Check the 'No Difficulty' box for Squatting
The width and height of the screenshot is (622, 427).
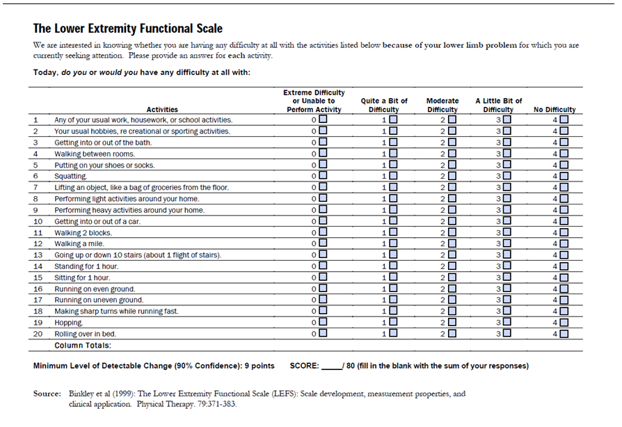click(x=564, y=176)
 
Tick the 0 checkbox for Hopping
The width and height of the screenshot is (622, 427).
click(x=324, y=321)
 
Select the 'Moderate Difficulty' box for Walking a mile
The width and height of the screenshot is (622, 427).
click(x=452, y=243)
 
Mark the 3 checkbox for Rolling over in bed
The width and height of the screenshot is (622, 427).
click(x=507, y=333)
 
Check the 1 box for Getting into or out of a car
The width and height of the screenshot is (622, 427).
click(x=393, y=221)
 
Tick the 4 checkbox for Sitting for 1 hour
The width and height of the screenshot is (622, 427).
click(x=564, y=277)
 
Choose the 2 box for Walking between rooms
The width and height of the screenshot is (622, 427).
click(x=452, y=154)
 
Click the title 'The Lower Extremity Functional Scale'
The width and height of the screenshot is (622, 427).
click(x=128, y=29)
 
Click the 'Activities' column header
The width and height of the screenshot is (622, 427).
click(x=162, y=109)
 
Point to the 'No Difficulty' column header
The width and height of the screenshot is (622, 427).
click(x=555, y=109)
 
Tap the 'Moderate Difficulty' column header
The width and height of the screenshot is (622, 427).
click(x=442, y=105)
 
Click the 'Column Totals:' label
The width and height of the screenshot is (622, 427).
click(x=83, y=346)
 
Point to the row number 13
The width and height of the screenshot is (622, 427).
click(x=38, y=255)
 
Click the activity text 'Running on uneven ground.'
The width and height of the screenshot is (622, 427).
click(x=99, y=300)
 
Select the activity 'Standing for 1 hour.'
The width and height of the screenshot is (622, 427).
click(x=86, y=266)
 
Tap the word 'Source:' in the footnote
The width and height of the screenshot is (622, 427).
click(x=47, y=394)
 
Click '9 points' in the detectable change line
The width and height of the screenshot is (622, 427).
click(x=260, y=366)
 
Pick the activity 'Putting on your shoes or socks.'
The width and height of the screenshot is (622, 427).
click(x=104, y=166)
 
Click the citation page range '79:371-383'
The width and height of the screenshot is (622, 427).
click(x=216, y=404)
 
